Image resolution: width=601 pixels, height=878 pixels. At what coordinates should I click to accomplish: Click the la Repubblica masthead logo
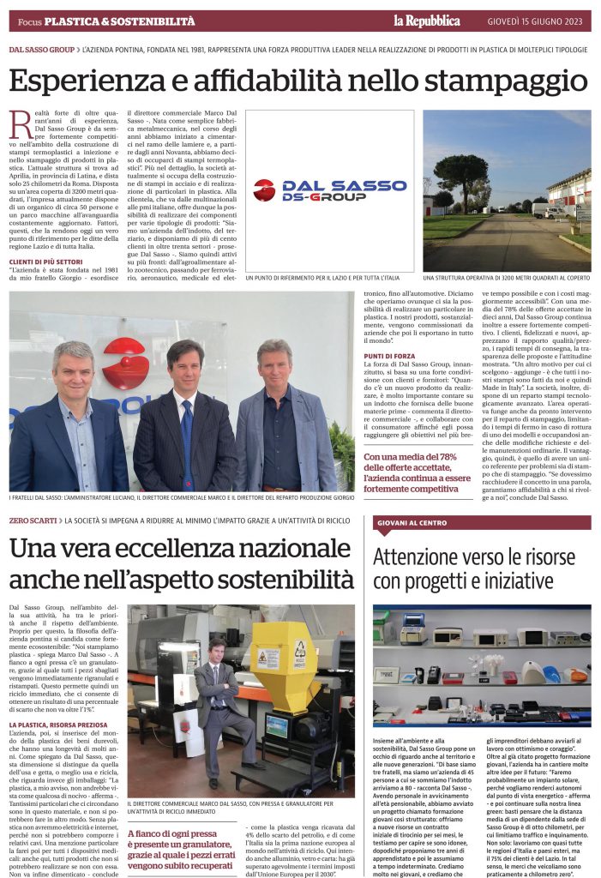(426, 20)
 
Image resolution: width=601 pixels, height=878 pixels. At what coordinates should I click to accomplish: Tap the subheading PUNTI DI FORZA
(391, 355)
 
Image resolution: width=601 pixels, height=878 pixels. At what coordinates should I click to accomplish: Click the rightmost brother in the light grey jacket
(285, 420)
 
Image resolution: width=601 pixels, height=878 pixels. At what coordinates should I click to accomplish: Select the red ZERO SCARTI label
(33, 521)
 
